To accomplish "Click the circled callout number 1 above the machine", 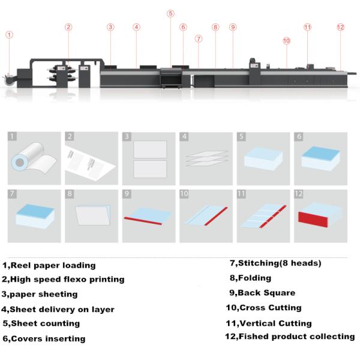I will tap(9, 35).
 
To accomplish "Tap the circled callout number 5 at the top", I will tap(170, 13).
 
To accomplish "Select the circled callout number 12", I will tap(340, 27).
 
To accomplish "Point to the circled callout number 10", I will tap(286, 41).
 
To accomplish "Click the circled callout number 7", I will tap(199, 38).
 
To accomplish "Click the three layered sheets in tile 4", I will tap(205, 160).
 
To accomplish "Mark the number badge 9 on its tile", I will tap(127, 194).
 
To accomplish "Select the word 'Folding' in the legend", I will tap(254, 278).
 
